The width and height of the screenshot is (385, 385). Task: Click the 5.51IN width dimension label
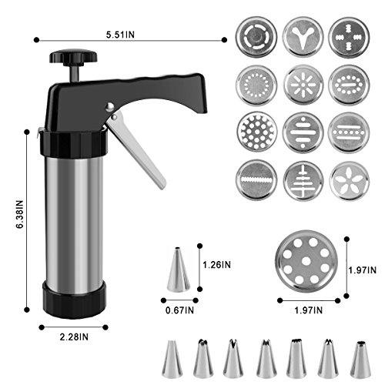pyautogui.click(x=120, y=35)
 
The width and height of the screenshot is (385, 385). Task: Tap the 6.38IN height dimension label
pyautogui.click(x=19, y=214)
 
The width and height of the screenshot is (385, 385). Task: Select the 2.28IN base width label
pyautogui.click(x=74, y=336)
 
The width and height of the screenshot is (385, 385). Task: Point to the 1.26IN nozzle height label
pyautogui.click(x=216, y=265)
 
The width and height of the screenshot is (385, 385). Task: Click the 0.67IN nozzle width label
pyautogui.click(x=179, y=310)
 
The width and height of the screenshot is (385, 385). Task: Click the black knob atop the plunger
pyautogui.click(x=73, y=57)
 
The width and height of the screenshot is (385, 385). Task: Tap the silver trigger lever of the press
pyautogui.click(x=136, y=151)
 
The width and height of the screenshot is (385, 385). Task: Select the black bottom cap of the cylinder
pyautogui.click(x=75, y=299)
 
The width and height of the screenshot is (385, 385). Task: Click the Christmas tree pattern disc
pyautogui.click(x=303, y=181)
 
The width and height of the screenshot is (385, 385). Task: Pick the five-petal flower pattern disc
pyautogui.click(x=350, y=181)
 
